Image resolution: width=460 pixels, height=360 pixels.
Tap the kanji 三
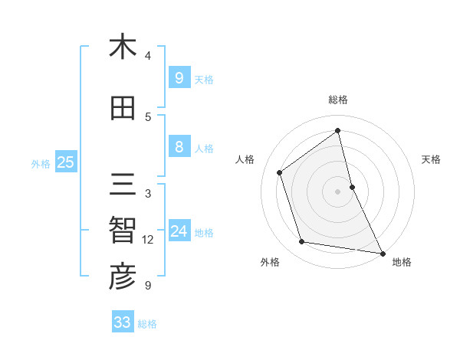122,185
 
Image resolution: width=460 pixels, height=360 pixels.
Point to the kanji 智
122,231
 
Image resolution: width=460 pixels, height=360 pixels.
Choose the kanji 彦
122,277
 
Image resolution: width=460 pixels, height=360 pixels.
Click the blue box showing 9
179,78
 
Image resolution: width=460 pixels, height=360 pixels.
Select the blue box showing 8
179,147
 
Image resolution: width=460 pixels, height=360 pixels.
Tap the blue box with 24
179,231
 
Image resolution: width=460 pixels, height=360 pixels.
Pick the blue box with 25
65,162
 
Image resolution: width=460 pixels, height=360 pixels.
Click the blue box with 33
122,322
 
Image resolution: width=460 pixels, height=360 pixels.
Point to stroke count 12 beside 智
148,240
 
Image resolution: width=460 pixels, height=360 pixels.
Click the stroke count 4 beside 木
148,56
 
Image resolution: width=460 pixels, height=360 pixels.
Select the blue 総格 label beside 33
147,324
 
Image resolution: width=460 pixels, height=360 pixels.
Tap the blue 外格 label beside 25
41,163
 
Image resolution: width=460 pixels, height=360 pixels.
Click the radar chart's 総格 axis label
338,100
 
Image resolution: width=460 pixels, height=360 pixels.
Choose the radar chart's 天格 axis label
431,159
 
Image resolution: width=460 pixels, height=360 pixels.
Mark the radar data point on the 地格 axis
382,253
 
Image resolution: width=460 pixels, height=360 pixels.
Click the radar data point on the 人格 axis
280,172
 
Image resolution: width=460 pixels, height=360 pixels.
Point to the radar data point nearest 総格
338,130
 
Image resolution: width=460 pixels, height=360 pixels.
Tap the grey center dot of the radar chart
338,191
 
